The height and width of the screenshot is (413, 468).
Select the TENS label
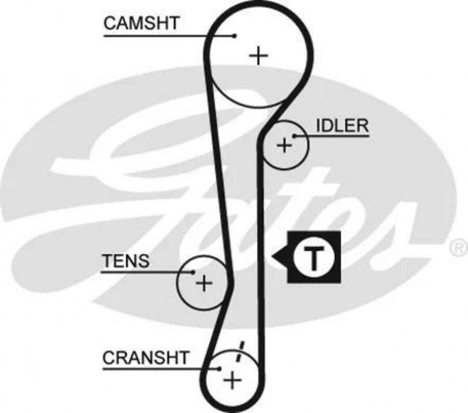point(125,261)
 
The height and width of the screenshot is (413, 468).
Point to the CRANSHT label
point(146,357)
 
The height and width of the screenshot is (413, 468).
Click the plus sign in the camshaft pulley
point(258,56)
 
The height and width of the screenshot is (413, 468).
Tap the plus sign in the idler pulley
point(284,145)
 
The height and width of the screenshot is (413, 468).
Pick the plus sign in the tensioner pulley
point(203,284)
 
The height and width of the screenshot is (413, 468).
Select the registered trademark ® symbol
point(456,248)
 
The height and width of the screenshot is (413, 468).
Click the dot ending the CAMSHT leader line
point(234,36)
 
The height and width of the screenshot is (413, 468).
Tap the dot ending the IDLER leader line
point(296,136)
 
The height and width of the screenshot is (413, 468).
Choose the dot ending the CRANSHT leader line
point(218,368)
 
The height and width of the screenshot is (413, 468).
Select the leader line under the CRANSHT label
point(158,368)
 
